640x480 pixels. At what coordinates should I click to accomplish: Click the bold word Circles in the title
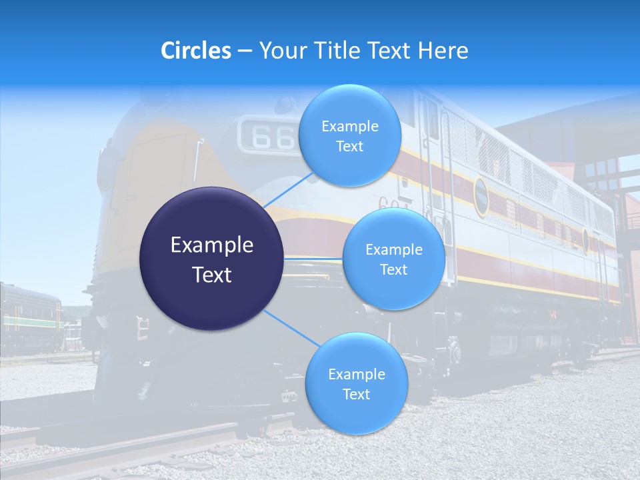tap(195, 51)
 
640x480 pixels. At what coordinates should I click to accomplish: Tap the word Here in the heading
tap(443, 51)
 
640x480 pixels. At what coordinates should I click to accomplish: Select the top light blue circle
tap(349, 135)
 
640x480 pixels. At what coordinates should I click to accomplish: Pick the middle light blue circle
tap(393, 259)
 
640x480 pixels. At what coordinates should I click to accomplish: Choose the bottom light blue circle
tap(356, 383)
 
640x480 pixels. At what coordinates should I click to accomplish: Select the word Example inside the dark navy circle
tap(211, 245)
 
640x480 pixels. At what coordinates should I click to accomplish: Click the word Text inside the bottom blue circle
tap(356, 394)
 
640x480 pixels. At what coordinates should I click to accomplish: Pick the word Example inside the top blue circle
tap(349, 126)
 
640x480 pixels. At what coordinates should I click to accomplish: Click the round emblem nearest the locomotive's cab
tap(481, 197)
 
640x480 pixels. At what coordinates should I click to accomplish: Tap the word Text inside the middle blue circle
tap(393, 269)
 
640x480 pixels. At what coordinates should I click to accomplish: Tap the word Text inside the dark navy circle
tap(211, 274)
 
